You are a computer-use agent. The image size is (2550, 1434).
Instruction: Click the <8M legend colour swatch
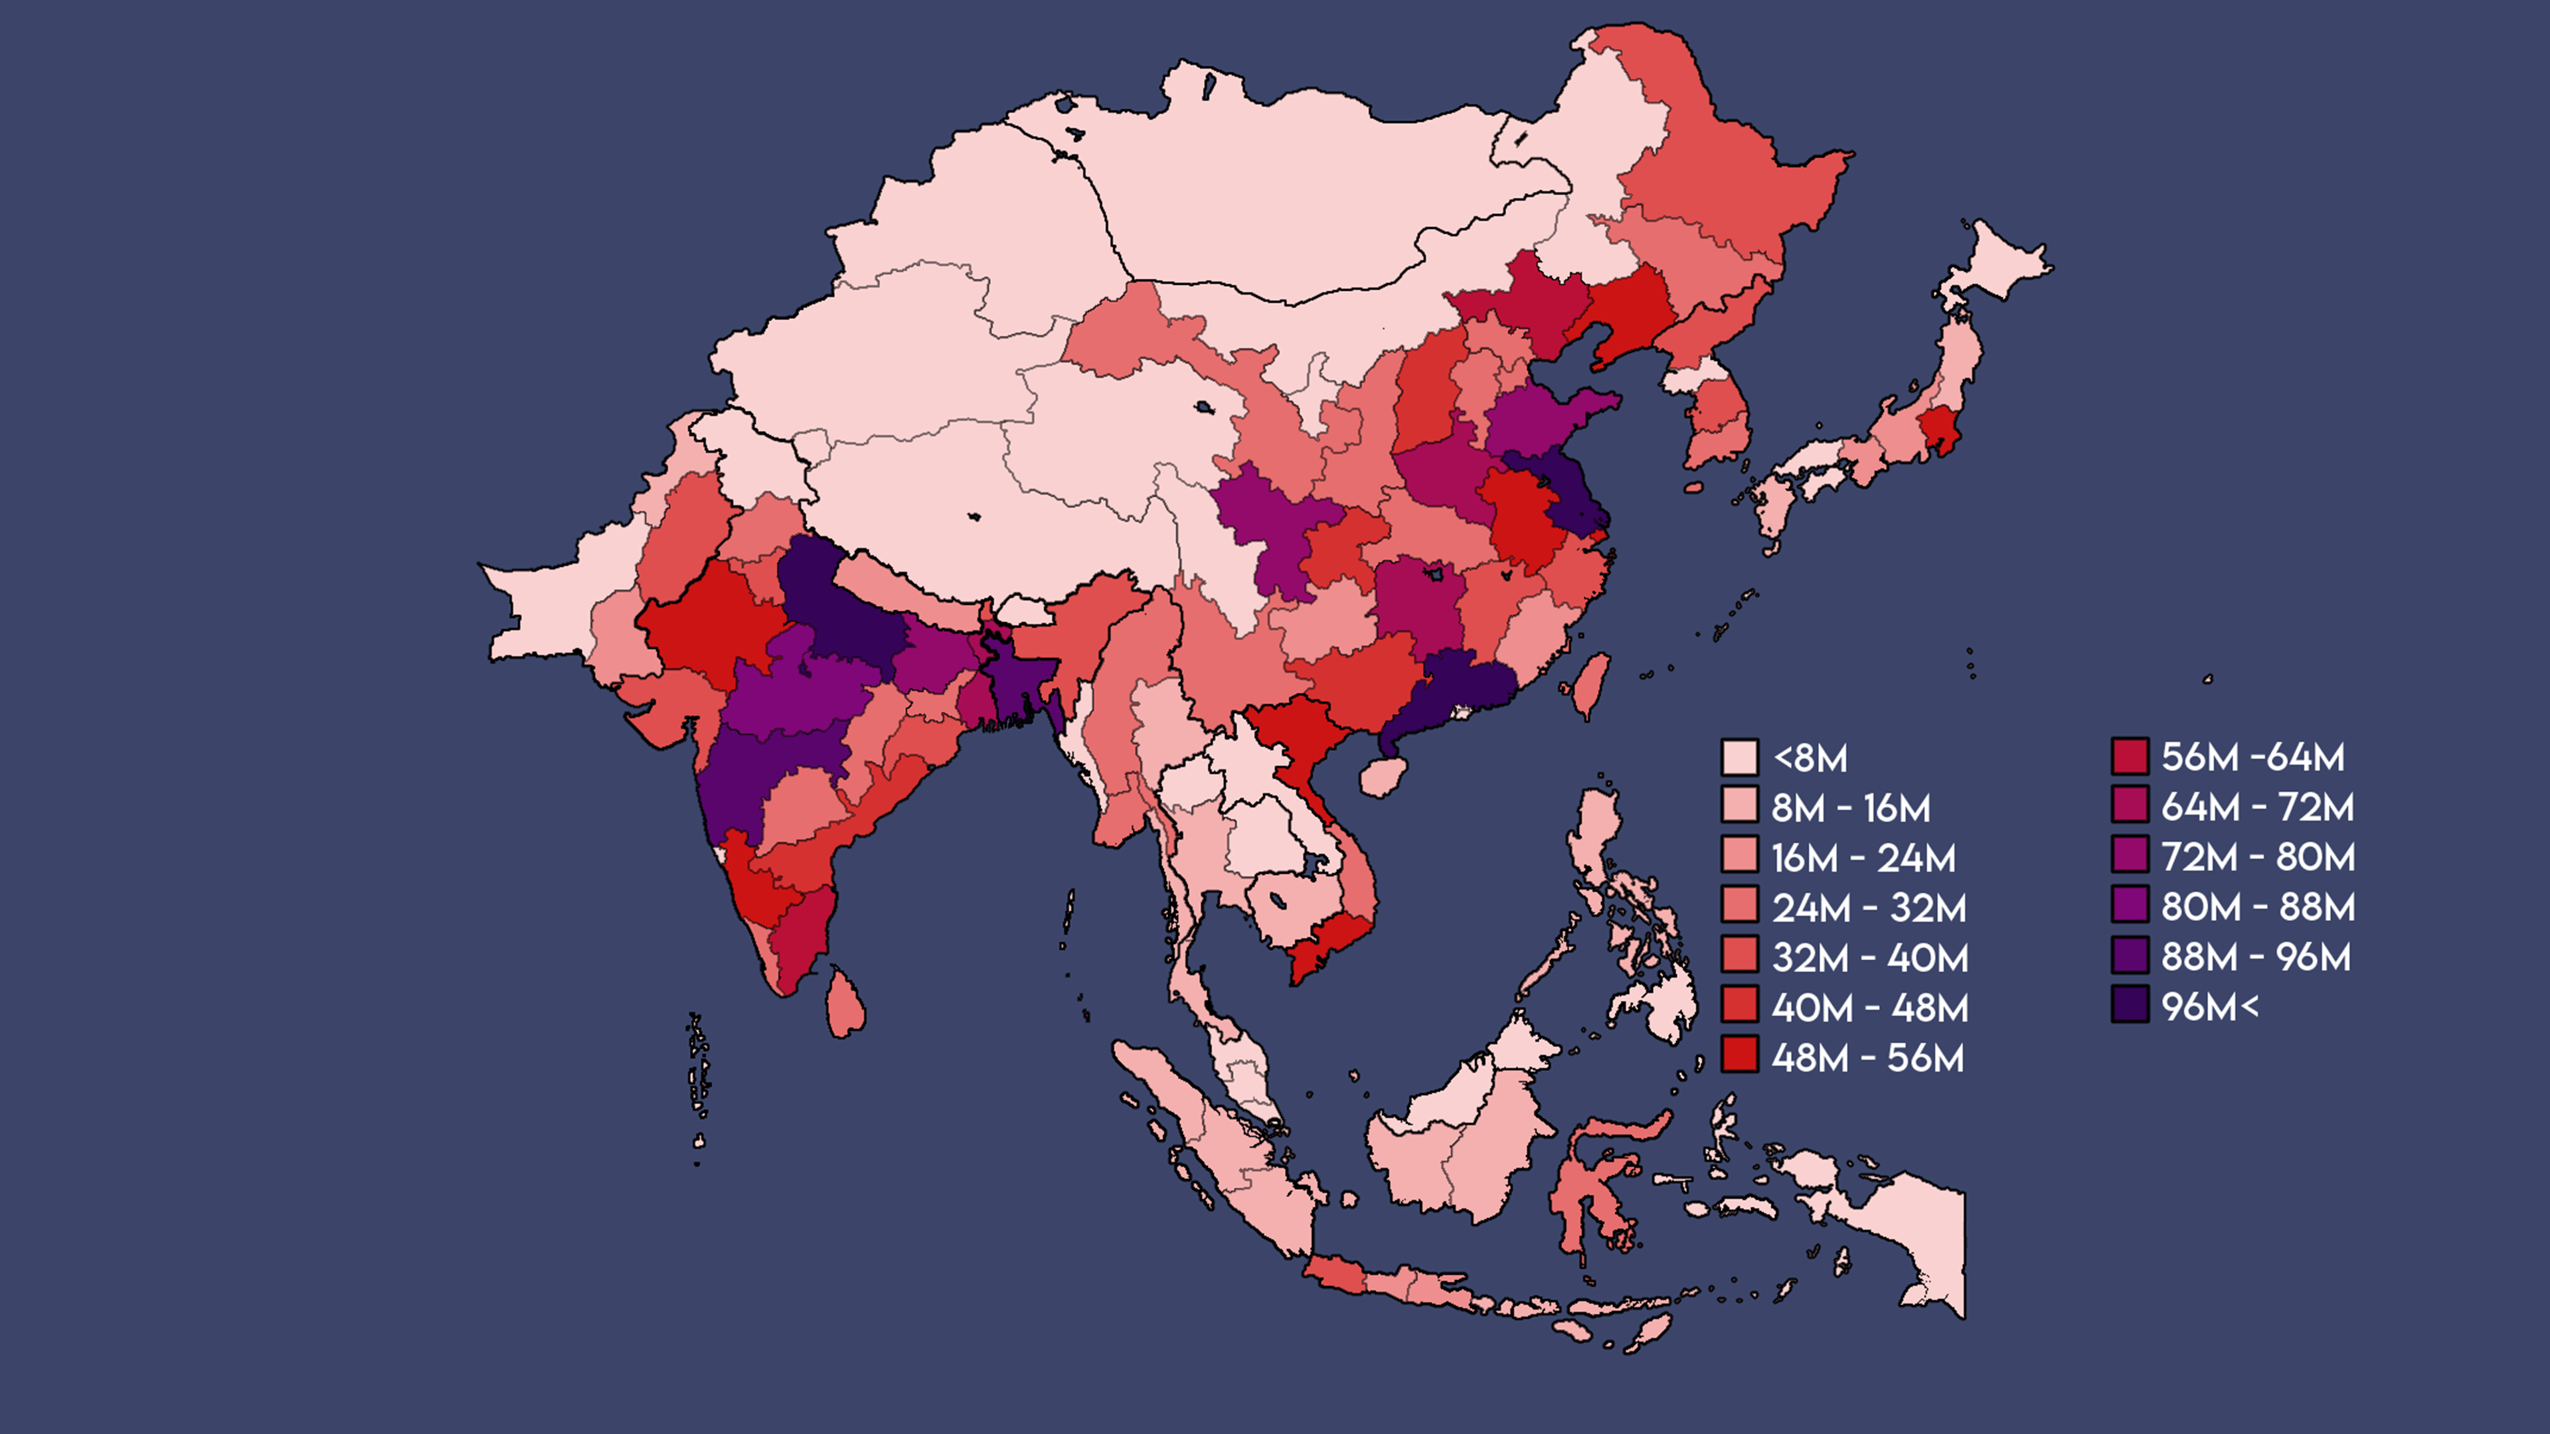point(1739,757)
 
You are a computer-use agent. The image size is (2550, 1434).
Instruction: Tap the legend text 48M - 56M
point(1867,1058)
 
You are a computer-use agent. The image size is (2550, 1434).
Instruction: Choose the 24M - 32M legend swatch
point(1739,906)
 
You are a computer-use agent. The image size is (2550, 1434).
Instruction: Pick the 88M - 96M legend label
point(2255,956)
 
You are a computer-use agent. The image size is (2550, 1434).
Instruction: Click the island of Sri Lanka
point(845,1004)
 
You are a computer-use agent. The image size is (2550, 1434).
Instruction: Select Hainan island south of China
point(1382,776)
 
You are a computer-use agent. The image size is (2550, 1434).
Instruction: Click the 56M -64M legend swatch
point(2129,756)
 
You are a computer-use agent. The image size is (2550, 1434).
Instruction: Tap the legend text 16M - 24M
point(1863,858)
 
